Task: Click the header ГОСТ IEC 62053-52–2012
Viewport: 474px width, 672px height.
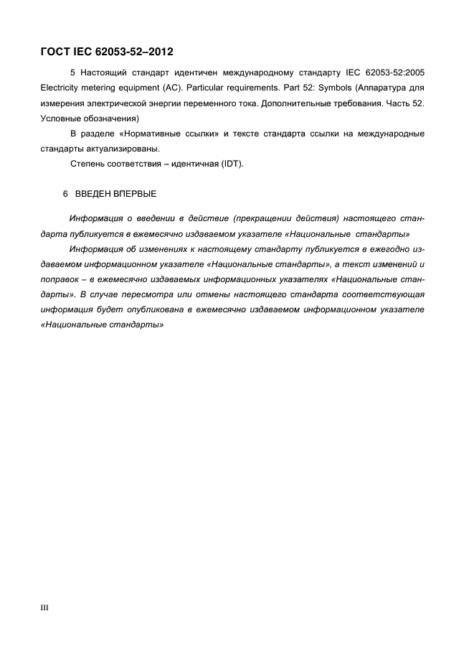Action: tap(107, 52)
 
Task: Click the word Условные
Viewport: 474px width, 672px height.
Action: tap(62, 118)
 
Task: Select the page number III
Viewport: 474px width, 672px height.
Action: tap(44, 608)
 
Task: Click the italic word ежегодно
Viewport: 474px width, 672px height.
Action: tap(389, 249)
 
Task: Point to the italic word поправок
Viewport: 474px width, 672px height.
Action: tap(62, 279)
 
